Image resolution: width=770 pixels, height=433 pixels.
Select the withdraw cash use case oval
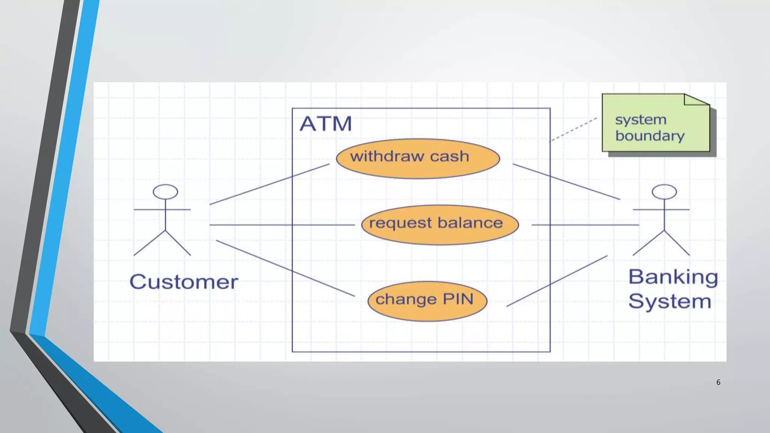[x=418, y=159]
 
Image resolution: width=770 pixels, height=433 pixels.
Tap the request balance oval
[x=440, y=225]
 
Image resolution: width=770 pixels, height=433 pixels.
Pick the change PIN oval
[x=427, y=301]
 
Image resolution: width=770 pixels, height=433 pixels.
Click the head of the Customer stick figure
[x=165, y=192]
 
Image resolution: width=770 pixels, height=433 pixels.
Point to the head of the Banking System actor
[x=664, y=192]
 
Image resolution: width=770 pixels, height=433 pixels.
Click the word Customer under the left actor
[x=184, y=282]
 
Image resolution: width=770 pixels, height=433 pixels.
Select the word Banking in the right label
[x=673, y=277]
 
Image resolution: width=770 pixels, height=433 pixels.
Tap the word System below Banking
[x=670, y=301]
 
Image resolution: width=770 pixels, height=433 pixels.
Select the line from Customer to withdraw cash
[x=269, y=184]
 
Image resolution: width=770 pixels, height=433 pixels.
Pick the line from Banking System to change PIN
[x=557, y=281]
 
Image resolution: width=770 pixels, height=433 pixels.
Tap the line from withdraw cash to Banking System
[x=566, y=182]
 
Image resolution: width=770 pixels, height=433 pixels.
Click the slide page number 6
[x=718, y=382]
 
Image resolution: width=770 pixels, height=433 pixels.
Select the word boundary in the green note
[x=650, y=136]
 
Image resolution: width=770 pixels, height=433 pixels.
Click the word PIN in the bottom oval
[x=458, y=299]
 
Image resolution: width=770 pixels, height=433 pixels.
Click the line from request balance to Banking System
[x=585, y=225]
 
